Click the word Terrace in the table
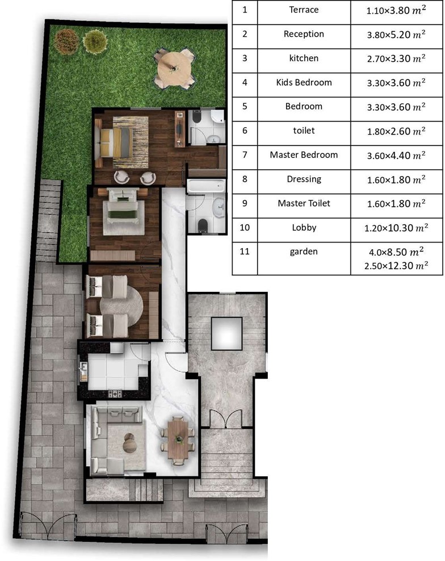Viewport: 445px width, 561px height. (304, 10)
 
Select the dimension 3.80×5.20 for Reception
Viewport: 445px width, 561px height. (396, 35)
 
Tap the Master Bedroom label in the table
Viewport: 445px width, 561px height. (304, 155)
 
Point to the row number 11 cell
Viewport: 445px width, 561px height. (245, 252)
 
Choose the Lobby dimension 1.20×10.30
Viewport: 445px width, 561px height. (396, 228)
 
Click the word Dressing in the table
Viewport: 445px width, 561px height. (304, 179)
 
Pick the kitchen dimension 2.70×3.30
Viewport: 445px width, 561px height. (396, 58)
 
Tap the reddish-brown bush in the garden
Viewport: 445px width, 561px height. (66, 40)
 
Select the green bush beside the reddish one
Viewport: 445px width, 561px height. (95, 41)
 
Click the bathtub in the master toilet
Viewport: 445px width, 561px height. (206, 186)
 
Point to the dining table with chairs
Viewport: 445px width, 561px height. (178, 441)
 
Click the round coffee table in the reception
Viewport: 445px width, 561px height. (129, 443)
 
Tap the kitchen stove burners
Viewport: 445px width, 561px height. (115, 394)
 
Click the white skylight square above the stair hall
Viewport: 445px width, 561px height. (227, 333)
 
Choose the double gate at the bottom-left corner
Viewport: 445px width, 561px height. (48, 525)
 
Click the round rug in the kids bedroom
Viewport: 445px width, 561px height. (121, 306)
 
